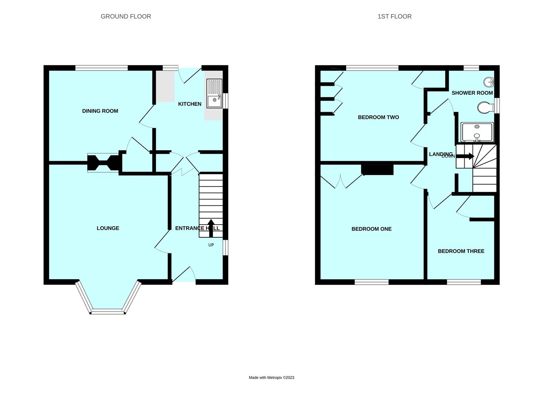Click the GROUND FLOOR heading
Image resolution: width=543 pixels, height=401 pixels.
(126, 16)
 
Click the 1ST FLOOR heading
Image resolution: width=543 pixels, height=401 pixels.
(394, 16)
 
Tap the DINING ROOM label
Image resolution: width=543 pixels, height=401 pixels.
(100, 111)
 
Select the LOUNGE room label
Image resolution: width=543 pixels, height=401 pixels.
(108, 228)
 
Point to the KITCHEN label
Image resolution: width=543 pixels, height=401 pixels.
(189, 104)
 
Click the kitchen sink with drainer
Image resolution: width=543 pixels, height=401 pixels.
(214, 93)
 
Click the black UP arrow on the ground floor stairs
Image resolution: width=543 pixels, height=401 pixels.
(211, 228)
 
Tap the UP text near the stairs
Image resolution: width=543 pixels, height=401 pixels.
(211, 245)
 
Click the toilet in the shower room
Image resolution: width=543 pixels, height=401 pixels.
(484, 108)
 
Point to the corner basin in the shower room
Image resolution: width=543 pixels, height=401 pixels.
(489, 82)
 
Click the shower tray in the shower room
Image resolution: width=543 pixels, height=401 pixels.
(477, 132)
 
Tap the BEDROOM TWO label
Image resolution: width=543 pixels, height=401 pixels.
(378, 117)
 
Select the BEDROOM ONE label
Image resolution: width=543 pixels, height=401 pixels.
(371, 229)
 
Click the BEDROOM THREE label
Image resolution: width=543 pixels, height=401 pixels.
(461, 251)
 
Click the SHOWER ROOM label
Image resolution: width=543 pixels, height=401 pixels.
(472, 93)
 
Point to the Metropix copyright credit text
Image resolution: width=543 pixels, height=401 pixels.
(271, 378)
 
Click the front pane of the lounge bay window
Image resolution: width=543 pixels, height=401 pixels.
(107, 312)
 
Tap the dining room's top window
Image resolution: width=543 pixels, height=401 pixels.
(101, 68)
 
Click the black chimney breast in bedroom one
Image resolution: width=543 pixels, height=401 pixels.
(377, 170)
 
